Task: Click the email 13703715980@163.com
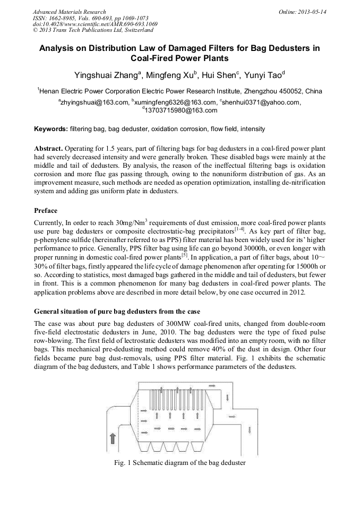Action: coord(181,110)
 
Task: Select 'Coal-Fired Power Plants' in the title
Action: coord(179,58)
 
